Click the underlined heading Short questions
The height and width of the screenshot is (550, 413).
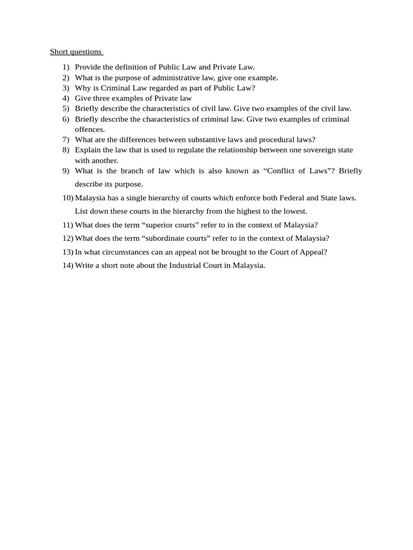pos(75,52)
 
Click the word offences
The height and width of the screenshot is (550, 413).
pos(90,129)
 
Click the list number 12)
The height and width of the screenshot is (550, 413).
pos(68,238)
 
